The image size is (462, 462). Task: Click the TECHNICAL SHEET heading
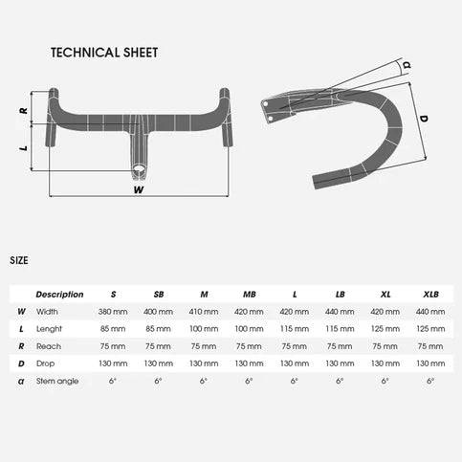[104, 53]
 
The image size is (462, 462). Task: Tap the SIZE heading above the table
[19, 260]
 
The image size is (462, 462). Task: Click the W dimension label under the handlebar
[139, 189]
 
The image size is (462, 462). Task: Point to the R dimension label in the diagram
[24, 111]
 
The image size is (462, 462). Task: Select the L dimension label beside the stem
[24, 148]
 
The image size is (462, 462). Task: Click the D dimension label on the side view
[424, 119]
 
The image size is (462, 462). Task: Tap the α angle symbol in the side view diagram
[407, 65]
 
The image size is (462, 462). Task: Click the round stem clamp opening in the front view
[139, 167]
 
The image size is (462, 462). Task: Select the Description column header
[59, 295]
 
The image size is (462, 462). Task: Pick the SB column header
[159, 295]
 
